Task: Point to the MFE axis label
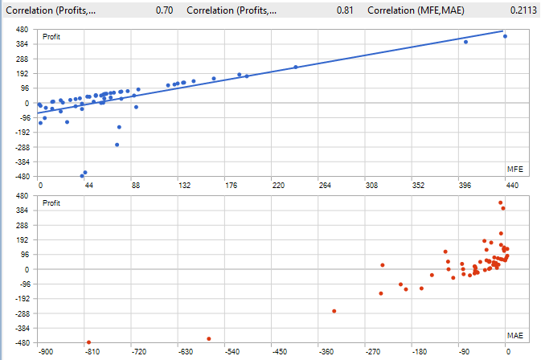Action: pyautogui.click(x=515, y=170)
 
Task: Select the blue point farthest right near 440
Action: pyautogui.click(x=505, y=36)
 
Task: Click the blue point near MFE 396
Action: pyautogui.click(x=466, y=42)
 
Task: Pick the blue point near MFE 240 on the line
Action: pyautogui.click(x=296, y=67)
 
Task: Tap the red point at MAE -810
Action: pyautogui.click(x=89, y=342)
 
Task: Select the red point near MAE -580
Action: pyautogui.click(x=209, y=338)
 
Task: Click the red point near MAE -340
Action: pyautogui.click(x=334, y=311)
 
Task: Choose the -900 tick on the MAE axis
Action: pyautogui.click(x=46, y=352)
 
